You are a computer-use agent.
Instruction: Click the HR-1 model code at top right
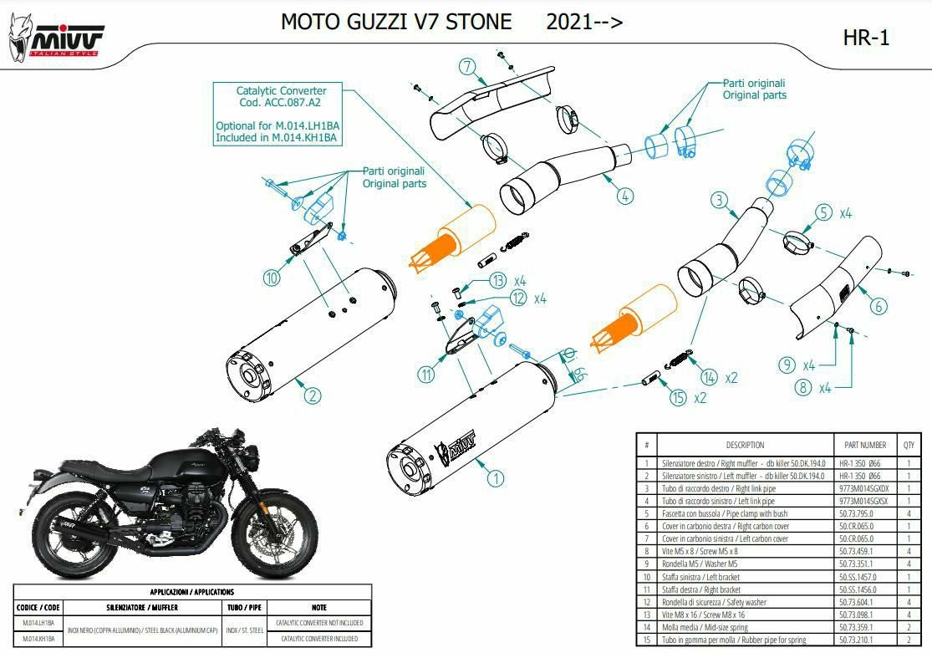(x=866, y=38)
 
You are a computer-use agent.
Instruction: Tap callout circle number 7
(x=467, y=66)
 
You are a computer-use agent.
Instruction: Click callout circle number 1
(x=495, y=477)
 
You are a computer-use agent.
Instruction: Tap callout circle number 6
(x=877, y=306)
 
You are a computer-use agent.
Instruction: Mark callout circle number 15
(x=678, y=398)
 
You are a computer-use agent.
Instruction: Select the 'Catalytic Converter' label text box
(x=281, y=114)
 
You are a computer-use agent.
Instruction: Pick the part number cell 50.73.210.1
(x=855, y=640)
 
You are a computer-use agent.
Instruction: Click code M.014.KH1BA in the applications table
(x=38, y=639)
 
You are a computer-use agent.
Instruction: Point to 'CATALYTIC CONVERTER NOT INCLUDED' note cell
(x=318, y=623)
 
